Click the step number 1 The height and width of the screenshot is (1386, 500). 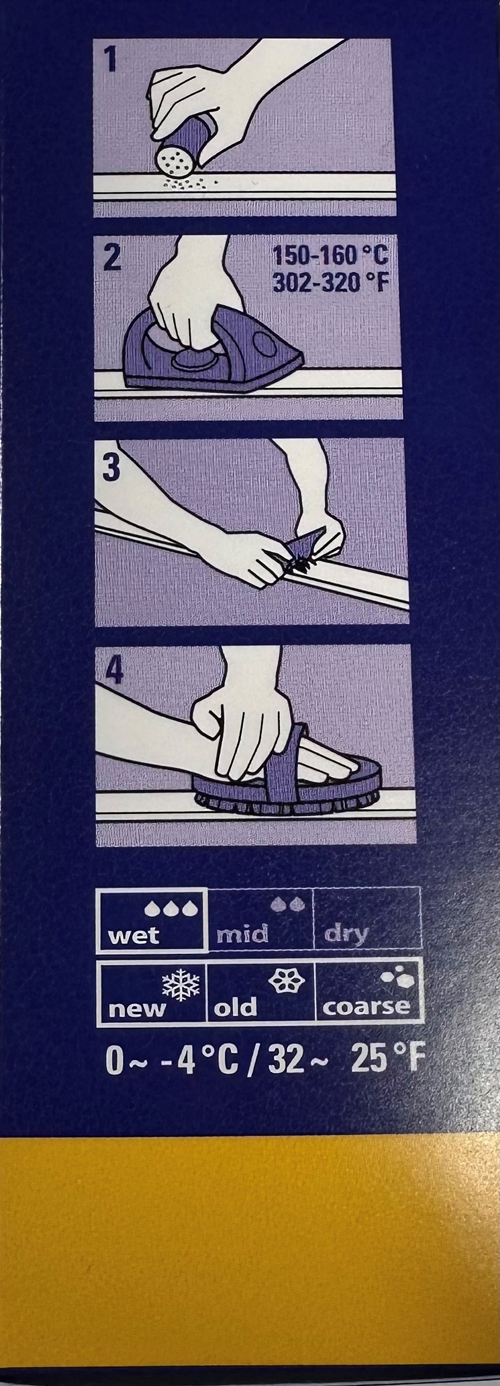tap(109, 60)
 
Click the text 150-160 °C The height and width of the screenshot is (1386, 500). tap(330, 256)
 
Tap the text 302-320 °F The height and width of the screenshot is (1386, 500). tap(328, 282)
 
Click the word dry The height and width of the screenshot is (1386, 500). tap(346, 936)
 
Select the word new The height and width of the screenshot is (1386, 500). tap(137, 1008)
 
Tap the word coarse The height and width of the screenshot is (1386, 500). tap(367, 1007)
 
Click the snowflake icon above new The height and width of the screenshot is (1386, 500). tap(181, 984)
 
